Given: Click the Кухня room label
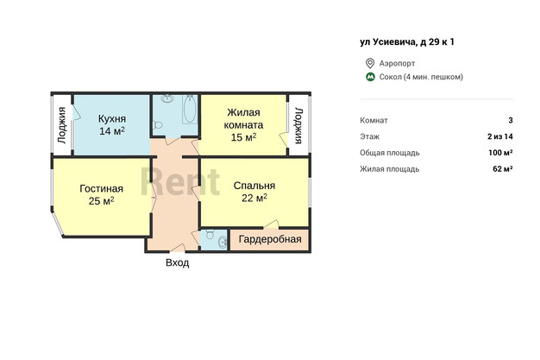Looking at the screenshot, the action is point(112,118).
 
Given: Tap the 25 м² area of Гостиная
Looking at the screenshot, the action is point(101,200).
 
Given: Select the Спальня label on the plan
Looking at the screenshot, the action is point(254,186).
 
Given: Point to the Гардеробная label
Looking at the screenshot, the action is point(270,239).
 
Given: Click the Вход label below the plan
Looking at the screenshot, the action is point(178,262).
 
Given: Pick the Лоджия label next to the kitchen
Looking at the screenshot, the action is point(61,125).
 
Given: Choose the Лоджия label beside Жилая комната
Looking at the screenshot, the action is point(298,125).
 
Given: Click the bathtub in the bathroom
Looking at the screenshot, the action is point(190,109).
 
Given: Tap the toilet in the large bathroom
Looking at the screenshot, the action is point(157,124).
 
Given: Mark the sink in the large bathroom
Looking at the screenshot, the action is point(167,98).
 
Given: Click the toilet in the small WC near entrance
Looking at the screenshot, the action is point(209,234).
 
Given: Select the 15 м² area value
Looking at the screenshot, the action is point(243,137).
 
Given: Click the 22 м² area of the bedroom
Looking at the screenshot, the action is point(254,198).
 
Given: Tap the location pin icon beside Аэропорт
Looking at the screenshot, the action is point(370,63).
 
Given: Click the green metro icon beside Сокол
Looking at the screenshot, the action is point(370,77).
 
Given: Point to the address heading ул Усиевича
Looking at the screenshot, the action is point(407,42).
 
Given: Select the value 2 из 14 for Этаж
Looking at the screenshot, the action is point(500,136).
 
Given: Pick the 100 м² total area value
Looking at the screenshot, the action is point(500,153).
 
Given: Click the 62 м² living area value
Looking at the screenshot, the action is point(503,169).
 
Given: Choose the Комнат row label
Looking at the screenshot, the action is point(374,120).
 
